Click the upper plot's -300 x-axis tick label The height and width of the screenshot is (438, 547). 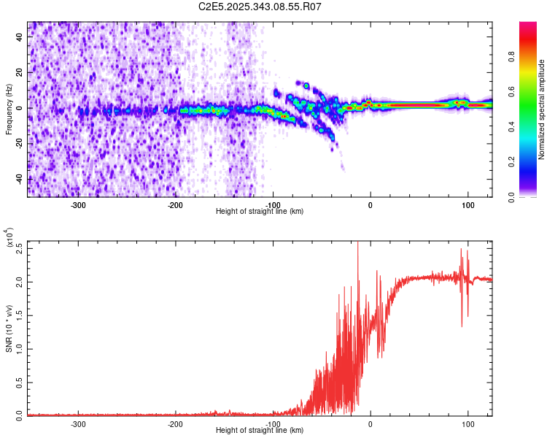[78, 204]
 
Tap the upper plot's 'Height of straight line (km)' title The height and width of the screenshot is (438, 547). [260, 212]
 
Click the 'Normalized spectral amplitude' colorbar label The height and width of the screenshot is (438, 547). [542, 109]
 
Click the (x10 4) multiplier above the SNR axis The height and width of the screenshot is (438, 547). [9, 237]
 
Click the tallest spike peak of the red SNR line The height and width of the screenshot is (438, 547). [357, 242]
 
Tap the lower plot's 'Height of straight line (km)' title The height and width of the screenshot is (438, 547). [260, 431]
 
